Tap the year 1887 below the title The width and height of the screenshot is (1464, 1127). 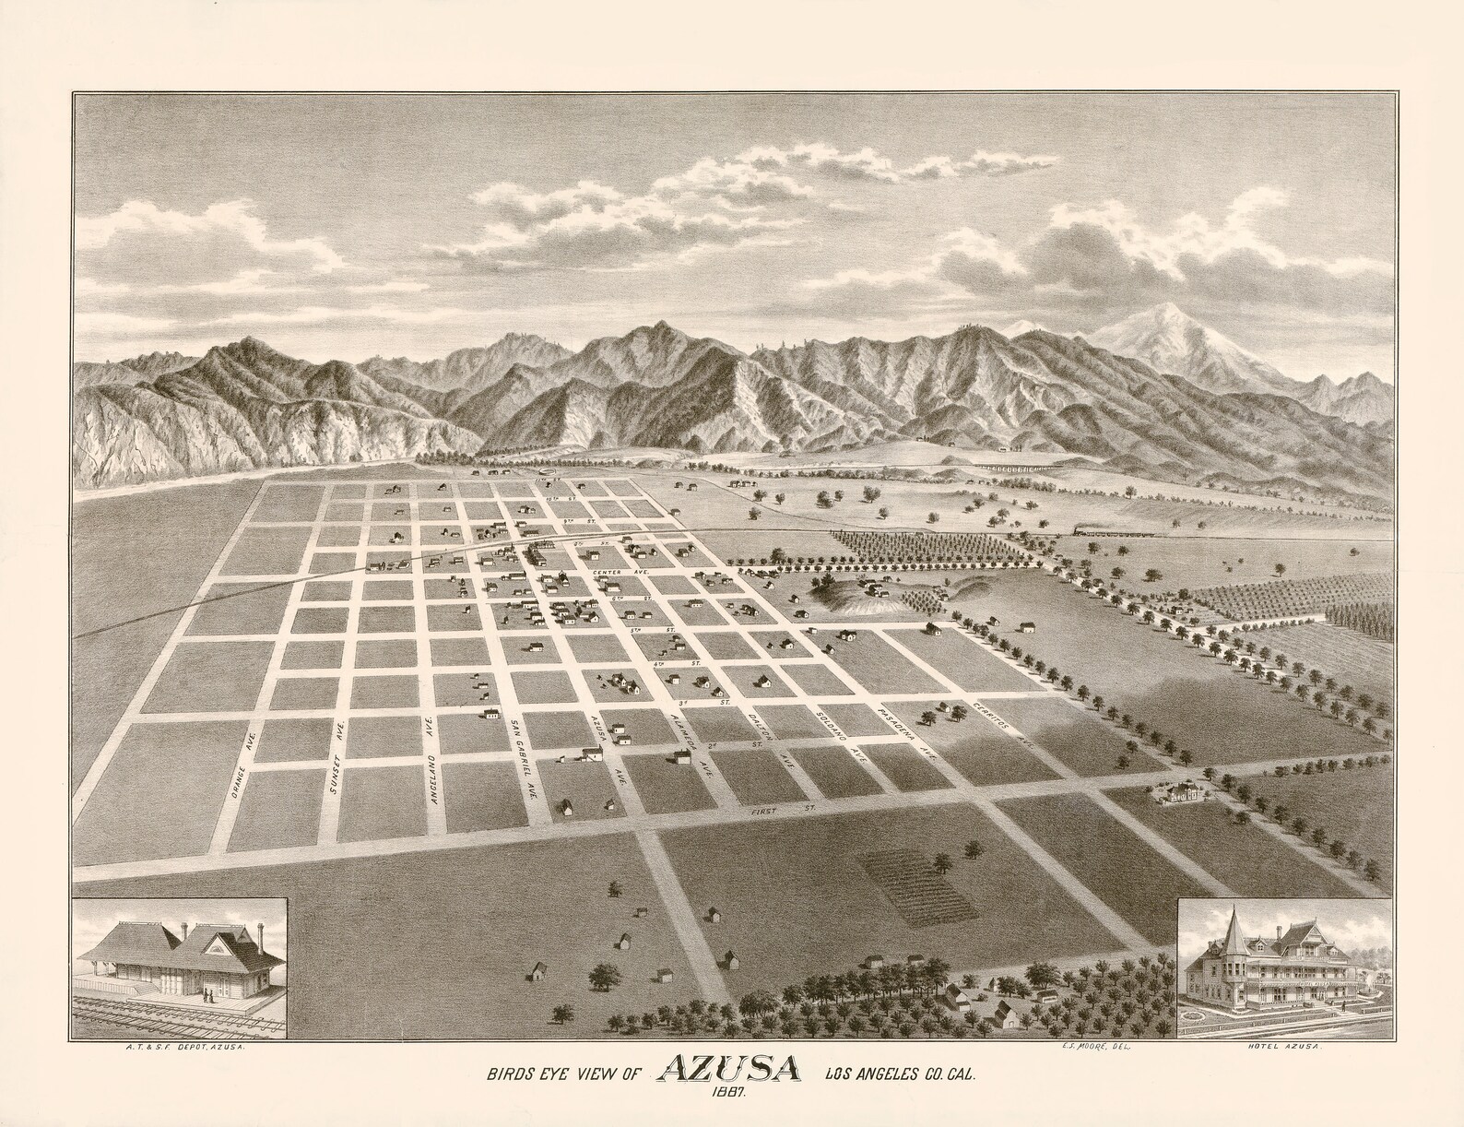(x=726, y=1094)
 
